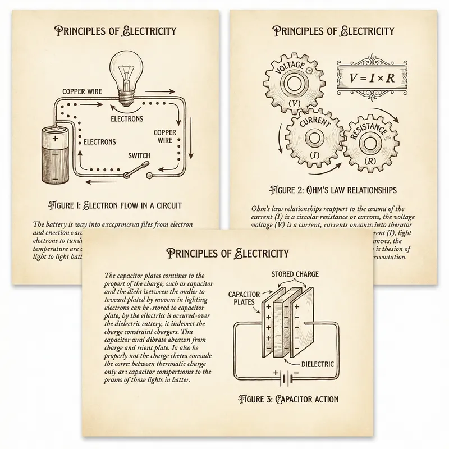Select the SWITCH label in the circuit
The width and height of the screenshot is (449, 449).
coord(139,154)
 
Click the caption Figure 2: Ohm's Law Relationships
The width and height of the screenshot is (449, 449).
coord(333,189)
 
